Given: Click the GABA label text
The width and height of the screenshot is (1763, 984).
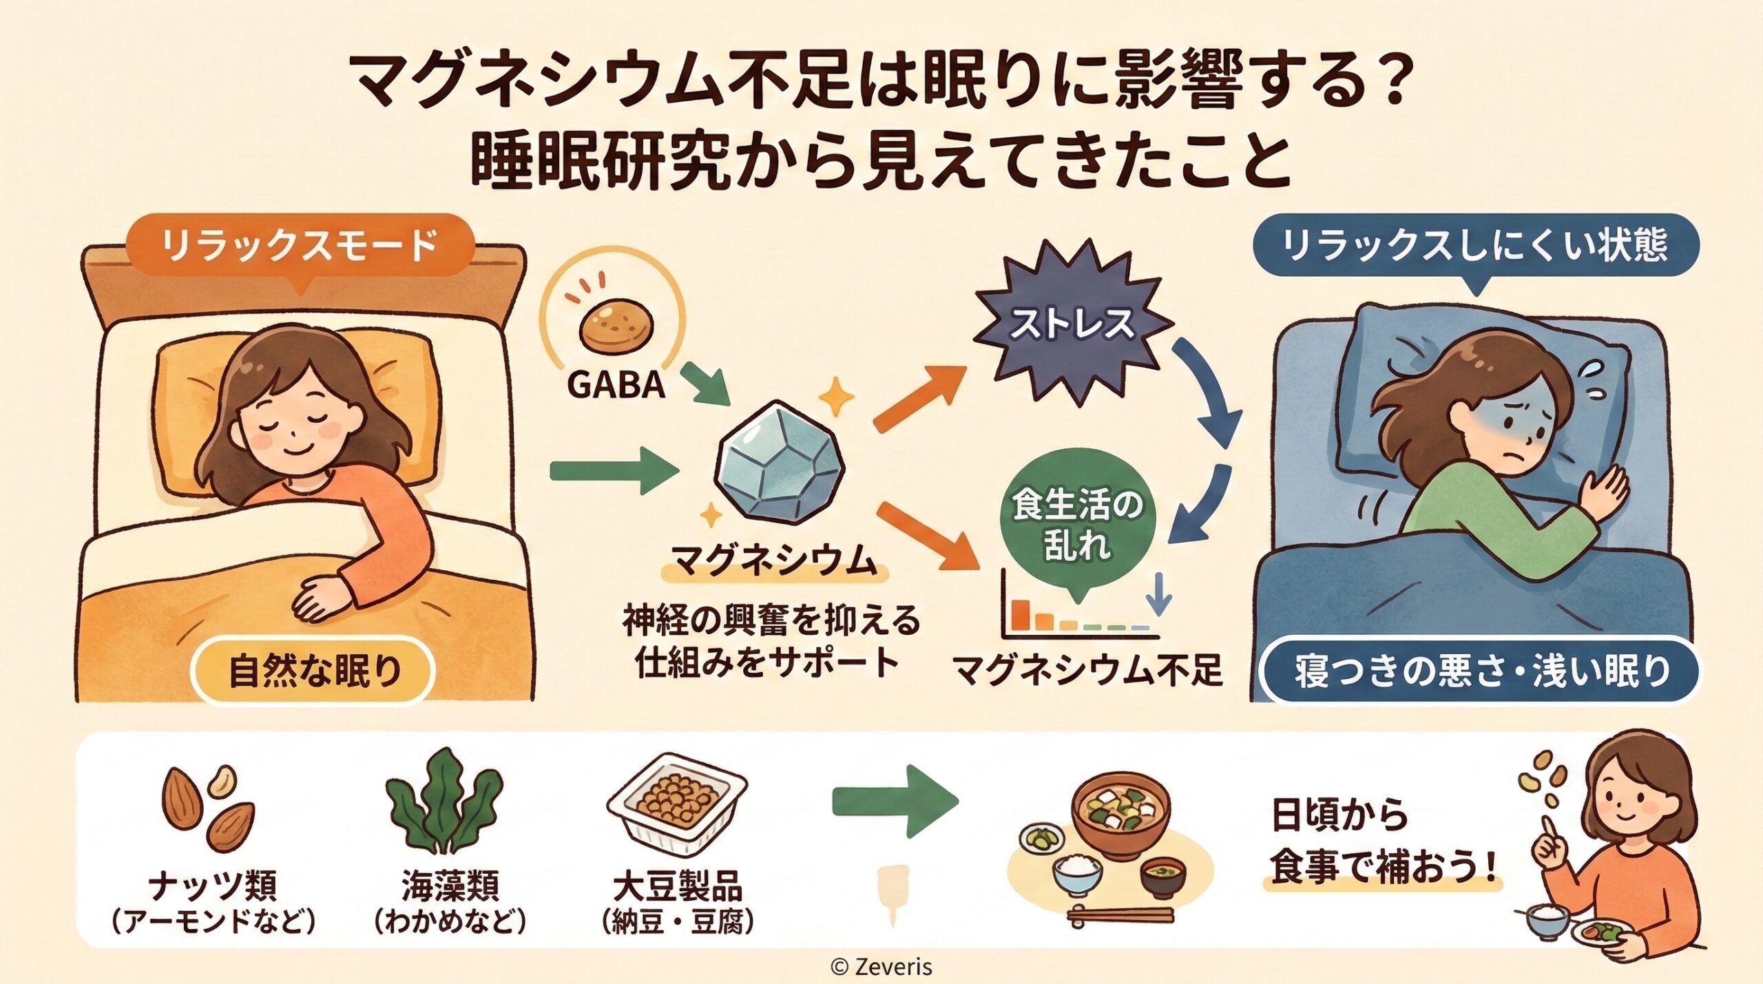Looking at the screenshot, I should coord(616,386).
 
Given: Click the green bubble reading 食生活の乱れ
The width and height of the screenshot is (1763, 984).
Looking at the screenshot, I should coord(1076,523).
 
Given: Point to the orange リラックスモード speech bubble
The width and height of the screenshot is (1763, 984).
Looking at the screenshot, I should coord(300,246).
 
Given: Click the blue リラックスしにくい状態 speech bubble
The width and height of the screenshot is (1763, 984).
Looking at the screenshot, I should coord(1474,247).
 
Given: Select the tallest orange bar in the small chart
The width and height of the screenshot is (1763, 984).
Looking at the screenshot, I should coord(1021,614).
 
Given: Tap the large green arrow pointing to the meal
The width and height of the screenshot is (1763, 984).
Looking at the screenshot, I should coord(895,803).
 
